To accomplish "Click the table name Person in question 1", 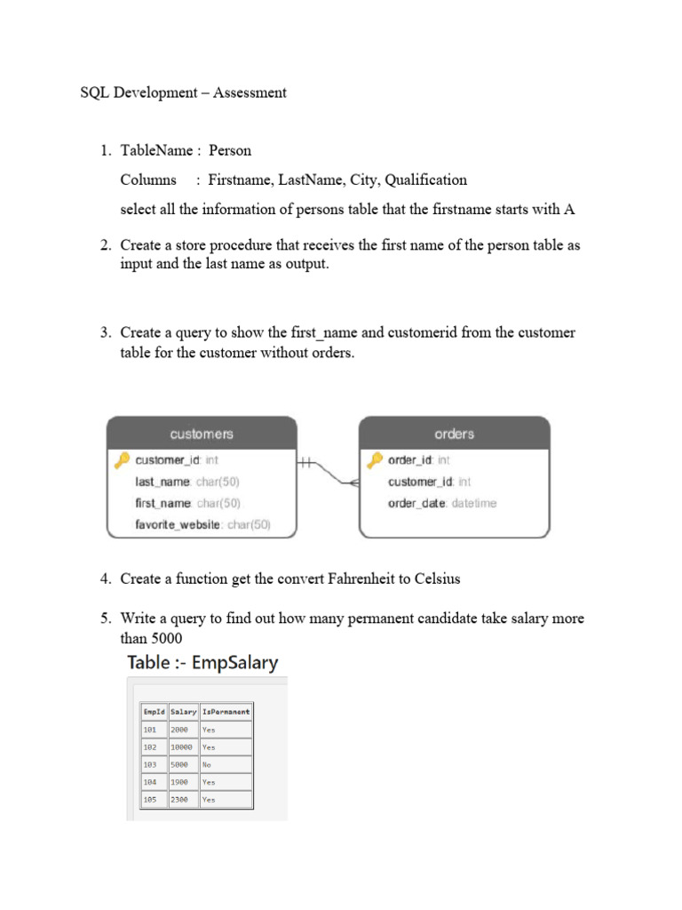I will click(230, 150).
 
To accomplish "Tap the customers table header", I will click(202, 434).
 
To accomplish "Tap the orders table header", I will click(454, 434).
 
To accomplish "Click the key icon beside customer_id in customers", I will click(122, 460).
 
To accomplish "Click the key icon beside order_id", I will click(375, 460).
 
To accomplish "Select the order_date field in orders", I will click(416, 503).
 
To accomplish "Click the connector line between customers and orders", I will click(328, 471).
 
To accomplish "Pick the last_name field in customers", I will click(163, 482).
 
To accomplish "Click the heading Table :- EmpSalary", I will click(202, 662).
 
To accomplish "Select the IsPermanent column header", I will click(226, 712).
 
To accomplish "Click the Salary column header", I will click(183, 712).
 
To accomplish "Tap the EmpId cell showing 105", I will click(149, 799).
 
